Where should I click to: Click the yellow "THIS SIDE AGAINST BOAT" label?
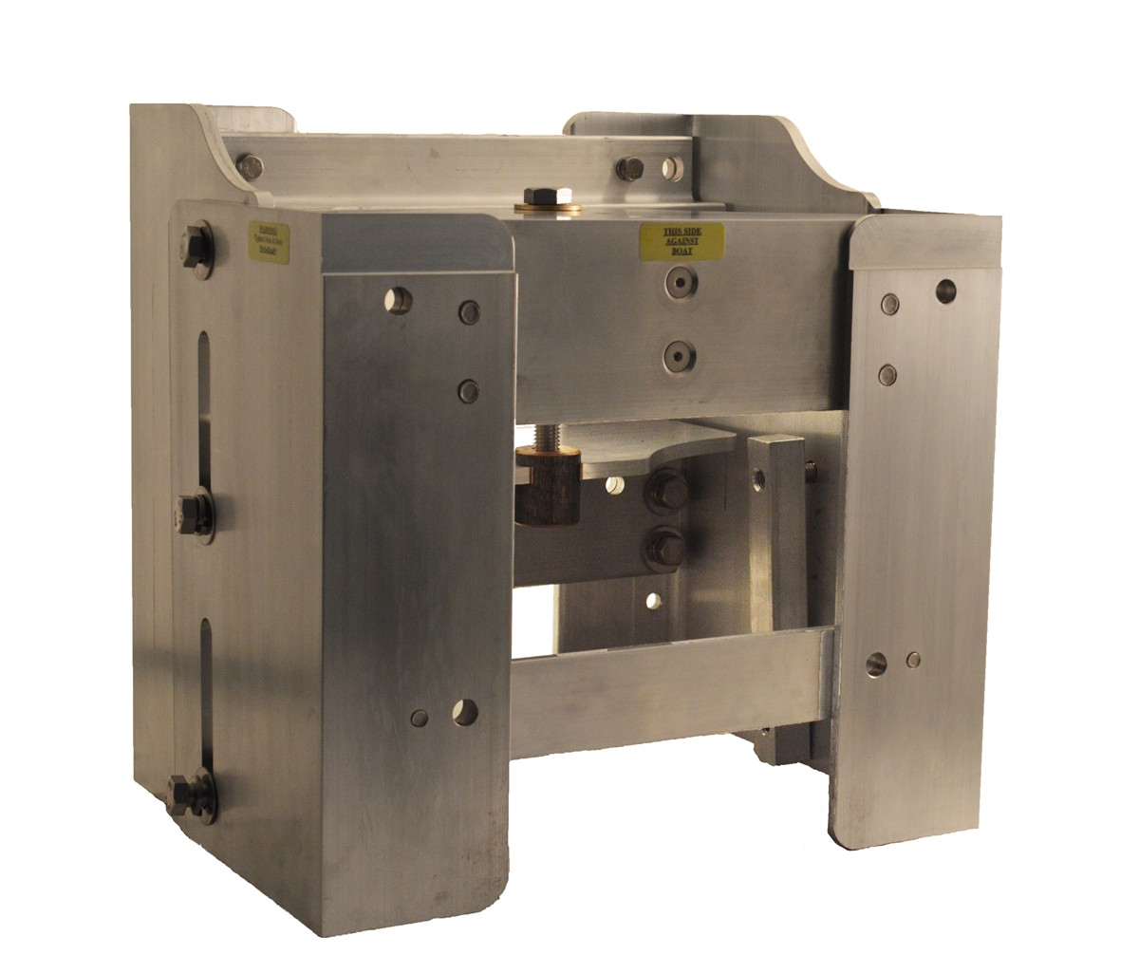tap(682, 242)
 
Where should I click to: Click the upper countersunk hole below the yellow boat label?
tap(679, 282)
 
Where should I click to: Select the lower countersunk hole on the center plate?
tap(679, 357)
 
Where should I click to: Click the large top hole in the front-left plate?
tap(400, 300)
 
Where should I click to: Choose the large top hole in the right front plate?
tap(945, 290)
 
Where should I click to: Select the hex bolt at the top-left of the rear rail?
tap(250, 167)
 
